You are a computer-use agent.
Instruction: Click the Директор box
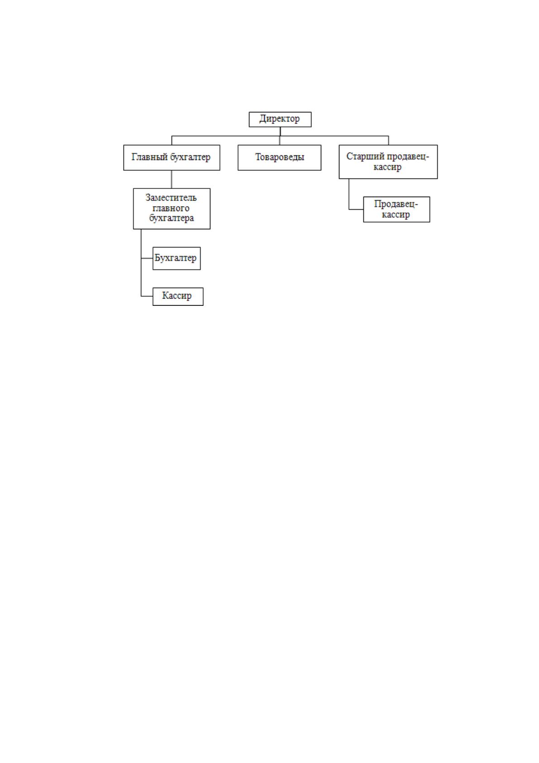tap(280, 119)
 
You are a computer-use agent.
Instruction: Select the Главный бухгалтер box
tap(172, 157)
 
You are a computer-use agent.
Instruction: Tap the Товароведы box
tap(279, 157)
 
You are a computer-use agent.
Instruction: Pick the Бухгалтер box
tap(176, 258)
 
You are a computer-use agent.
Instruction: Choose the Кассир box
tap(178, 296)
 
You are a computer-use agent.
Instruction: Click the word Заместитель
tap(171, 198)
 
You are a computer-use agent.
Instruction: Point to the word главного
tap(171, 208)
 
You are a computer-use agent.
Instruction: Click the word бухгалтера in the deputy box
tap(172, 218)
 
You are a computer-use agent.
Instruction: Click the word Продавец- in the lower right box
tap(396, 204)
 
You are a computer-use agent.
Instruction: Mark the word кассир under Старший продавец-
tap(387, 167)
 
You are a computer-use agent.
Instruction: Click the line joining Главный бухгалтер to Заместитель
tap(172, 179)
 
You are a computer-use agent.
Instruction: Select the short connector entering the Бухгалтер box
tap(147, 258)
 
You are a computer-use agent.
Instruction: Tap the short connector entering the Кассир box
tap(147, 296)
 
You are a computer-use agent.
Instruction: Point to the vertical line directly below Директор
tap(280, 131)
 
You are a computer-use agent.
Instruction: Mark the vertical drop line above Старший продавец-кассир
tap(389, 140)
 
